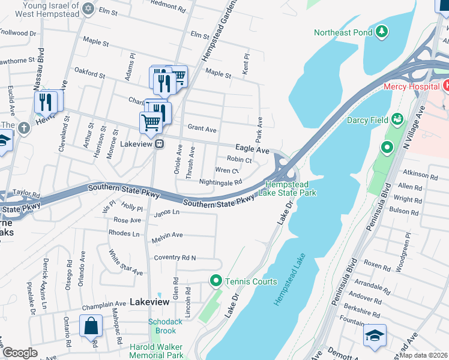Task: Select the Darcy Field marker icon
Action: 396,119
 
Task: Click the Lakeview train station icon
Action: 160,144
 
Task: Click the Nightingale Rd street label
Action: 220,182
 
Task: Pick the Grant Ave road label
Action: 202,128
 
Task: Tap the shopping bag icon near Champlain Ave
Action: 91,327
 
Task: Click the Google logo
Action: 20,352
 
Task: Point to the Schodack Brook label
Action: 165,326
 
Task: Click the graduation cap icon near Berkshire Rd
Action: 375,336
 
